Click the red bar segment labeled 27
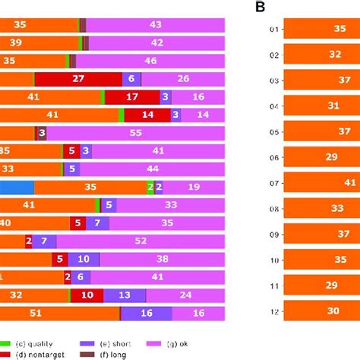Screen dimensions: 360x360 pyautogui.click(x=78, y=78)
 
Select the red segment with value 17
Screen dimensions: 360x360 pyautogui.click(x=132, y=96)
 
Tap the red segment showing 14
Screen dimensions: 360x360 pyautogui.click(x=147, y=115)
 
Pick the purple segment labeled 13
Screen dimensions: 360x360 pyautogui.click(x=125, y=295)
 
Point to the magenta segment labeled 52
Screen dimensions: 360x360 pyautogui.click(x=141, y=241)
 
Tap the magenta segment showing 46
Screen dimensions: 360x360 pyautogui.click(x=150, y=61)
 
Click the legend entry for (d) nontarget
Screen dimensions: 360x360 pyautogui.click(x=38, y=353)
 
